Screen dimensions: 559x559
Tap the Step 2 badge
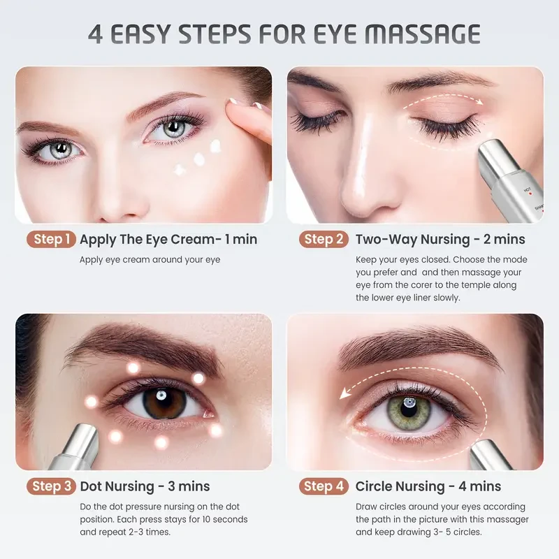[324, 240]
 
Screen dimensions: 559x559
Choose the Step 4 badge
[324, 486]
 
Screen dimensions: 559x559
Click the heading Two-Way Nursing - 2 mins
[440, 240]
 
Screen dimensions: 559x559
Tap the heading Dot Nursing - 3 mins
[145, 486]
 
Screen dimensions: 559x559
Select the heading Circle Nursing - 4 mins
[428, 486]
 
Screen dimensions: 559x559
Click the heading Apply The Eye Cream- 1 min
[168, 240]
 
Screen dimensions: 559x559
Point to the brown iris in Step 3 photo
[164, 402]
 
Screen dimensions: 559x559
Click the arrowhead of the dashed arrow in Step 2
[480, 103]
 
